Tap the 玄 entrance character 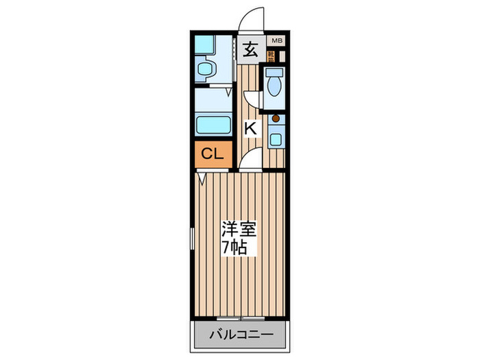pos(252,49)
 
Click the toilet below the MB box pos(274,85)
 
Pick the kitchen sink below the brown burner pos(276,138)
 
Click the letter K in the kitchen pos(251,128)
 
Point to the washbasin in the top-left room pos(206,68)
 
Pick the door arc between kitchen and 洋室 pos(251,161)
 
